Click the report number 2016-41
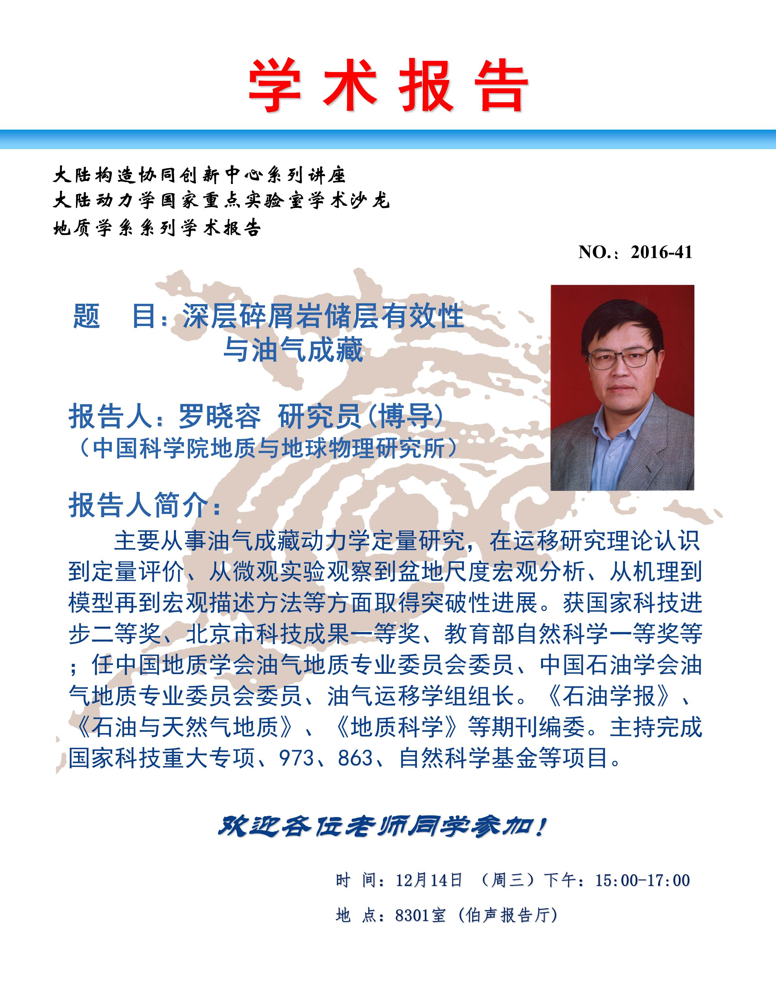click(661, 252)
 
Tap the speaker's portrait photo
click(622, 388)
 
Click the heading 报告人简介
click(145, 505)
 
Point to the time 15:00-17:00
click(642, 880)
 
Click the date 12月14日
click(429, 880)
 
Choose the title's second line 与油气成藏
click(293, 350)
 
